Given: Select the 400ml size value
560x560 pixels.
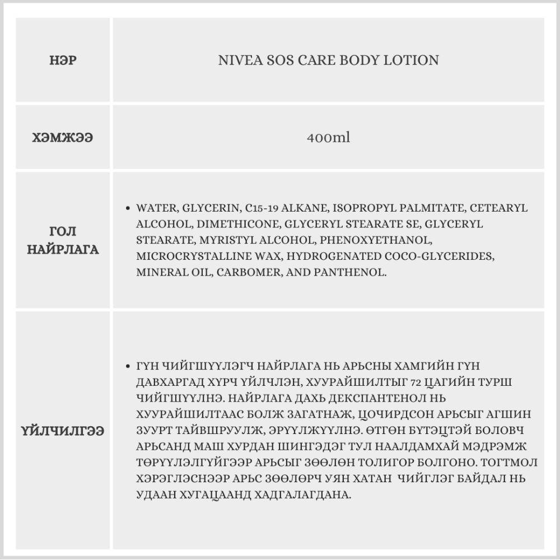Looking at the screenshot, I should (328, 138).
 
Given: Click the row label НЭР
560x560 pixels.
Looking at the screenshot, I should (63, 60).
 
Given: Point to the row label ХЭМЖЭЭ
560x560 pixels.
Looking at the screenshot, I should (63, 138).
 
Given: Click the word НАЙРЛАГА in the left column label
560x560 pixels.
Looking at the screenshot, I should (63, 250).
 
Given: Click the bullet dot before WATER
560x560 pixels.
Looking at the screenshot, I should (129, 208).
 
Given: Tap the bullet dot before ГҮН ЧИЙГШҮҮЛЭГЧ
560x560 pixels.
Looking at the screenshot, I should (129, 366).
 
